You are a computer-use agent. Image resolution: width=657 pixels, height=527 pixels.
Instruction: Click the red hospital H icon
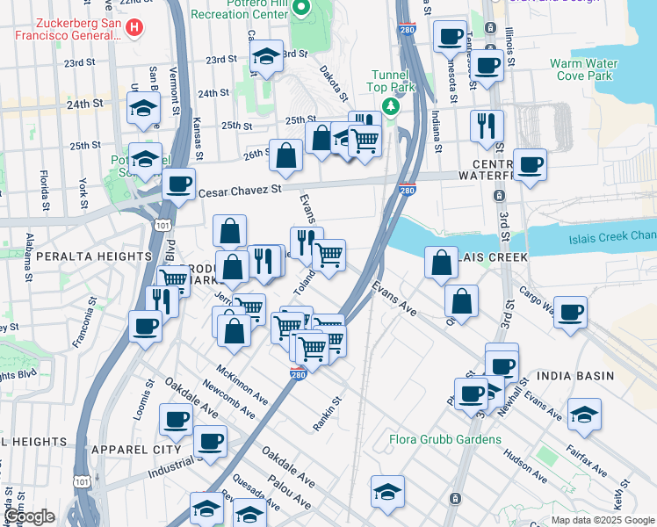click(134, 27)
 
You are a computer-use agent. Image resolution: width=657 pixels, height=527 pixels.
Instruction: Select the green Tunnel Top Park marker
click(389, 106)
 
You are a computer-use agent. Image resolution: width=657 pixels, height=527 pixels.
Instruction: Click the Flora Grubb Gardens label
click(445, 439)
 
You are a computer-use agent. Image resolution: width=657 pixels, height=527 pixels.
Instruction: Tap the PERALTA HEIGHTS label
click(82, 256)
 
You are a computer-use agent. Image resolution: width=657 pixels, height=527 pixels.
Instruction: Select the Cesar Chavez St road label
click(240, 189)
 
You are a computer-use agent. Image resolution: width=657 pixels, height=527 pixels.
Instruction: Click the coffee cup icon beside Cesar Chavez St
click(178, 184)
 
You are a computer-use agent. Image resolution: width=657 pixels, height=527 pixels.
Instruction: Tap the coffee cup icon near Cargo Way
click(571, 313)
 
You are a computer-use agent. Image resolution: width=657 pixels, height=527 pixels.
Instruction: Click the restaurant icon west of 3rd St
click(486, 125)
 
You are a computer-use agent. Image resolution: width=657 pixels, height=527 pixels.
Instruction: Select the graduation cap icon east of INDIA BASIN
click(583, 414)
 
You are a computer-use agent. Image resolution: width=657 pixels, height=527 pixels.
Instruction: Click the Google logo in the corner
click(29, 516)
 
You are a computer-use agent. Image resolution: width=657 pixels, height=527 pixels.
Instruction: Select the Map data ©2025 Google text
click(602, 520)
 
